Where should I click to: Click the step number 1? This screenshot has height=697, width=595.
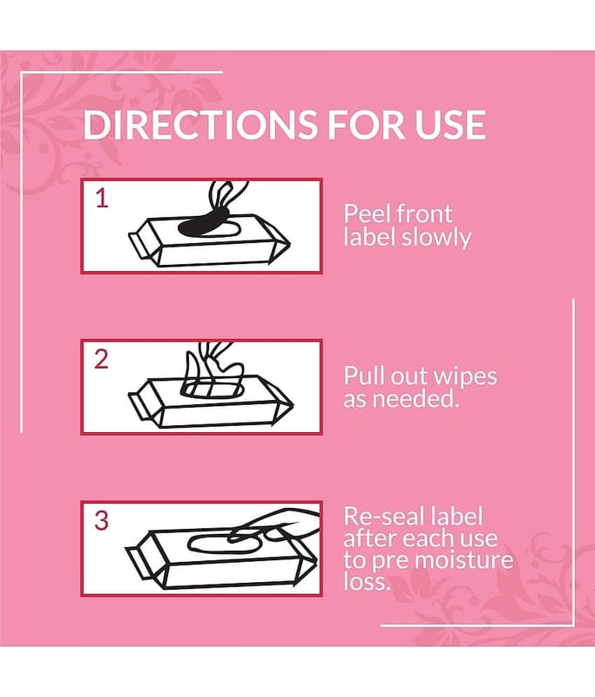(x=102, y=199)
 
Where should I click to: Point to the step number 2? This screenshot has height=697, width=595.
(x=101, y=359)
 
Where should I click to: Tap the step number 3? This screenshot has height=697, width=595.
(x=101, y=520)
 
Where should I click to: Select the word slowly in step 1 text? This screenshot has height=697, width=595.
(x=436, y=238)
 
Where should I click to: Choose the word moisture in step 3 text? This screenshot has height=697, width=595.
(x=467, y=559)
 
